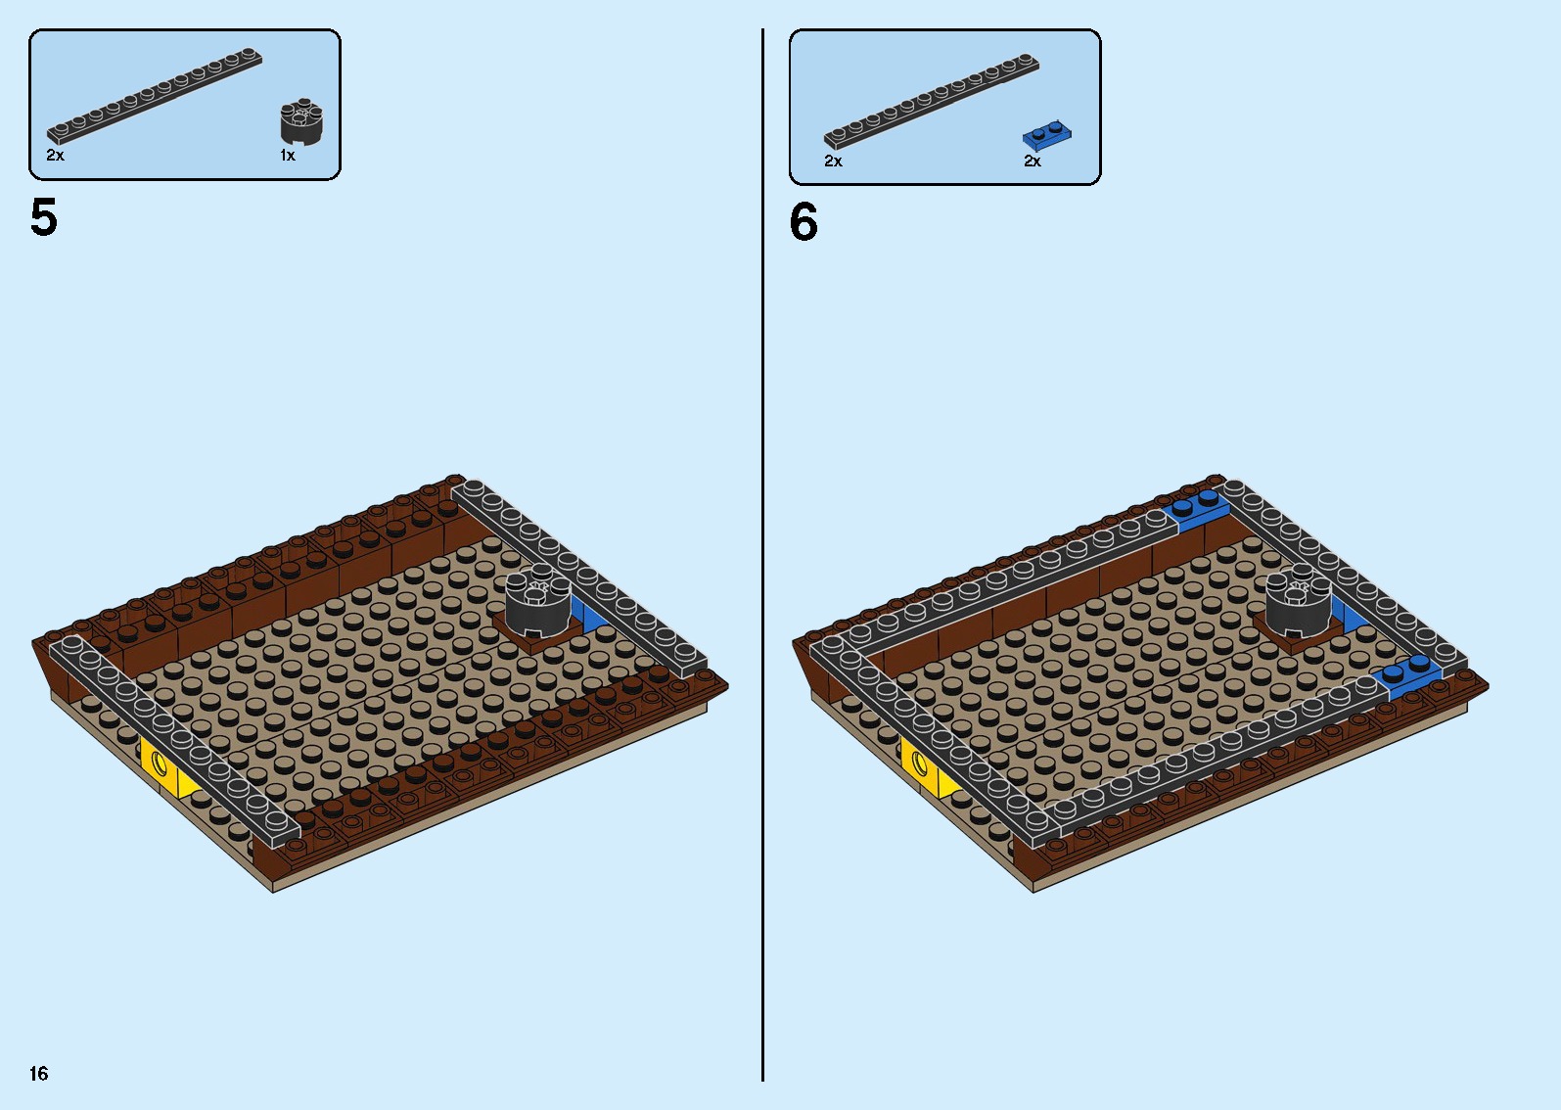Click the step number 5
[x=44, y=217]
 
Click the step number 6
[x=803, y=222]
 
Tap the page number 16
[x=39, y=1073]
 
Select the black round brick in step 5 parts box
[x=301, y=121]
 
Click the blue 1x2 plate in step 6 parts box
[x=1047, y=135]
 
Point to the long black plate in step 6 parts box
[x=931, y=101]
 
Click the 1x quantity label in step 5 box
[x=288, y=156]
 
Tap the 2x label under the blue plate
[x=1033, y=161]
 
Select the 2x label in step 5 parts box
[x=55, y=156]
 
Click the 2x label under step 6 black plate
[x=833, y=161]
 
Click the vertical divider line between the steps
[x=763, y=555]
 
